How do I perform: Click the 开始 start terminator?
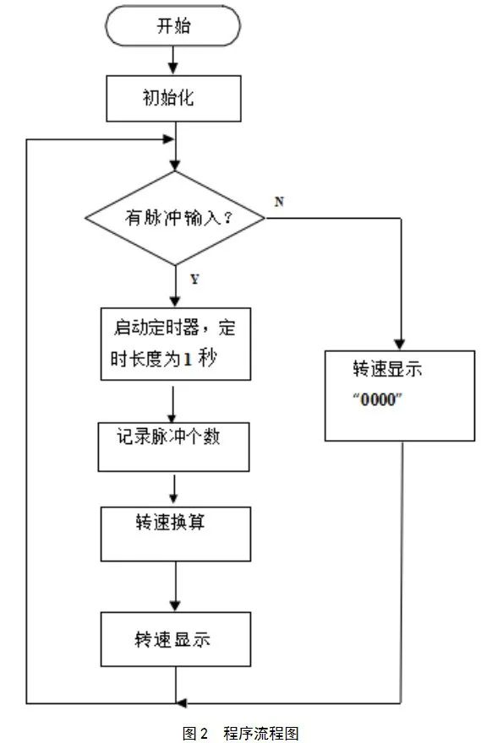(173, 26)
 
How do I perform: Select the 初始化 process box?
(173, 97)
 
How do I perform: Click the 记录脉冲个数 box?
(174, 445)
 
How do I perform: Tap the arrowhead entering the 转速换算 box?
(174, 501)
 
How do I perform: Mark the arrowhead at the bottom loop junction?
(179, 702)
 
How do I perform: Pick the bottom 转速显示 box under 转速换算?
(175, 639)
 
